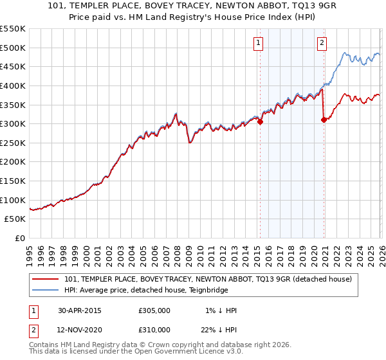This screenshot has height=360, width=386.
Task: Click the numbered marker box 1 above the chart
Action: click(258, 43)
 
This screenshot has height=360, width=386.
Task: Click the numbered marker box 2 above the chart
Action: click(322, 43)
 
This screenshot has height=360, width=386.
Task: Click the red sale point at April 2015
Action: click(261, 122)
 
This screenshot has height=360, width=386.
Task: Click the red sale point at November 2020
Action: click(324, 120)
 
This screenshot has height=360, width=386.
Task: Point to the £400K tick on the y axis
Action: click(14, 85)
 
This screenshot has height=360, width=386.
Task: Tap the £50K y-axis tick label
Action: click(16, 219)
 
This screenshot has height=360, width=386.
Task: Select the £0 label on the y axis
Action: click(21, 239)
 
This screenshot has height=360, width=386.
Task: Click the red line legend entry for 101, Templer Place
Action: click(208, 279)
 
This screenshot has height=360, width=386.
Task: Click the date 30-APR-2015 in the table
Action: click(80, 310)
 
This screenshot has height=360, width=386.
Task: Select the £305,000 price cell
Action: click(154, 310)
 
